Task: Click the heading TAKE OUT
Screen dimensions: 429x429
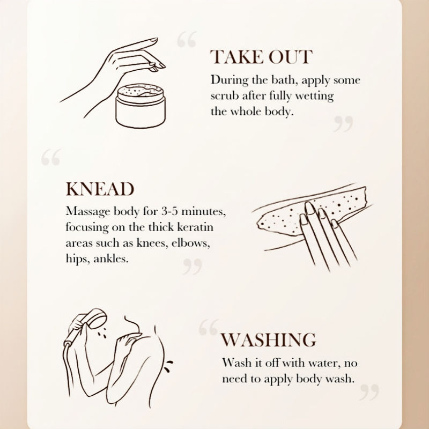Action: pos(261,57)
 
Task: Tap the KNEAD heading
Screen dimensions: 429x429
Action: pos(100,189)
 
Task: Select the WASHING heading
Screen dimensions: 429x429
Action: pos(269,340)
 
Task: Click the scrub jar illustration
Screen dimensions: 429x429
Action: pos(140,106)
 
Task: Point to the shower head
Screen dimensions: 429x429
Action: pos(97,319)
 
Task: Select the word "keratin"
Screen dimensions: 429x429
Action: pos(195,227)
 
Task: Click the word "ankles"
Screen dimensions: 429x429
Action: pos(111,258)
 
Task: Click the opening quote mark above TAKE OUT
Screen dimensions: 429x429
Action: pos(187,39)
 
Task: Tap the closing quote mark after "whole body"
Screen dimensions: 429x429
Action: pos(343,124)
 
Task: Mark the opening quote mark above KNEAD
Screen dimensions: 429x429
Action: pos(51,157)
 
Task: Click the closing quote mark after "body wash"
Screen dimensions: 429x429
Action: pos(369,393)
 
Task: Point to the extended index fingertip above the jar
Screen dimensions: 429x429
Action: pos(155,40)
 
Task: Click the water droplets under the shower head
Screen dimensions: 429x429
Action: pos(102,334)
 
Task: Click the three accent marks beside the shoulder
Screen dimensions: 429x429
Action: pos(168,366)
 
